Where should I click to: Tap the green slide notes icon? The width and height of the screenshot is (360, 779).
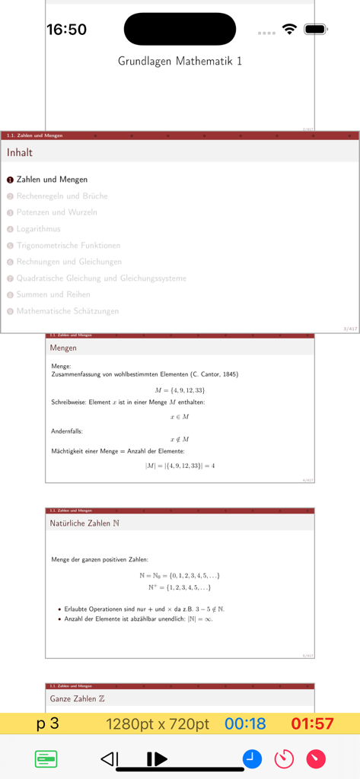(46, 758)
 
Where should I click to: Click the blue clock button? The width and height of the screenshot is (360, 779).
(252, 758)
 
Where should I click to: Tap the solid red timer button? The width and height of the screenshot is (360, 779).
(316, 758)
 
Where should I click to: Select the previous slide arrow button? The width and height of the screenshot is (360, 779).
(110, 758)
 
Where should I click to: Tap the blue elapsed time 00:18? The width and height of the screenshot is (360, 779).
(245, 723)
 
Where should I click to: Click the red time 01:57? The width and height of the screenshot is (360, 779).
(312, 723)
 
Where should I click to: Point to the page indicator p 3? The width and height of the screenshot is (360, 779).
(48, 723)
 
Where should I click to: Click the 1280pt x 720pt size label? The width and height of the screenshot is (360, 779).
(158, 723)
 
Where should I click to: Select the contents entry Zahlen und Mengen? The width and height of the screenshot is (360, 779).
(52, 180)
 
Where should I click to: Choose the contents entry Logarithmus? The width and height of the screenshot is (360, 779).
(38, 229)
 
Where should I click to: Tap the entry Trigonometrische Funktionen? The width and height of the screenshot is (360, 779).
(68, 246)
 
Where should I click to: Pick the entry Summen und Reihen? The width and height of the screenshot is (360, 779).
(53, 294)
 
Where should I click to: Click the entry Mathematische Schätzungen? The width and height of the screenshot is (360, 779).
(66, 311)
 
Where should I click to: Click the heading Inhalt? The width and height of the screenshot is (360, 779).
(20, 152)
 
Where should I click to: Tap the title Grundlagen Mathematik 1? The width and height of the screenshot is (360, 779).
(180, 61)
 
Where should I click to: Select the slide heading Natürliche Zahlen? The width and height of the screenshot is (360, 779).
(84, 523)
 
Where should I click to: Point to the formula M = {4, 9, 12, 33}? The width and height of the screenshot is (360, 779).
(180, 389)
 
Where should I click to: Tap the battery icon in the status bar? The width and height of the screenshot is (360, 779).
(315, 30)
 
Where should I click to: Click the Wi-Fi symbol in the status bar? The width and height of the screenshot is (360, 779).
(288, 30)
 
